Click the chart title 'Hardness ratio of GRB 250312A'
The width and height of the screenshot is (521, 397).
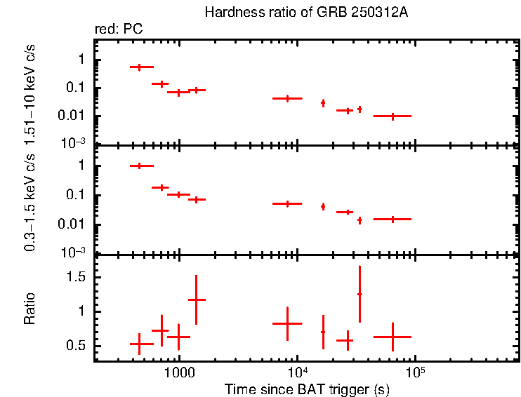(x=306, y=13)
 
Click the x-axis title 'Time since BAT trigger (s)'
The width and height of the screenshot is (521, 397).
(x=306, y=389)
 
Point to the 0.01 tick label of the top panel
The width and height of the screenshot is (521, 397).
(x=73, y=116)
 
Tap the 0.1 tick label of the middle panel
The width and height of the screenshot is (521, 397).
(x=76, y=195)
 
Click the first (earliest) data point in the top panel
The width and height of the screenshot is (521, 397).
(x=140, y=67)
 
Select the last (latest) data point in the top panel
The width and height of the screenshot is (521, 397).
(x=393, y=116)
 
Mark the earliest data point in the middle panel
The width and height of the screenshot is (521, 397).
(x=140, y=166)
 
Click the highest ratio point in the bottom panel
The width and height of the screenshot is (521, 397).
(x=360, y=294)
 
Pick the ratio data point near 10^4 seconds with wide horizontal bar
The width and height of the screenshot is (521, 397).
(x=286, y=323)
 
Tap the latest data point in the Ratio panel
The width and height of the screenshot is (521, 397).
(x=393, y=337)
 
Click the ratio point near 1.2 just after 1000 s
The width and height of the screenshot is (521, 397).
(x=197, y=300)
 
